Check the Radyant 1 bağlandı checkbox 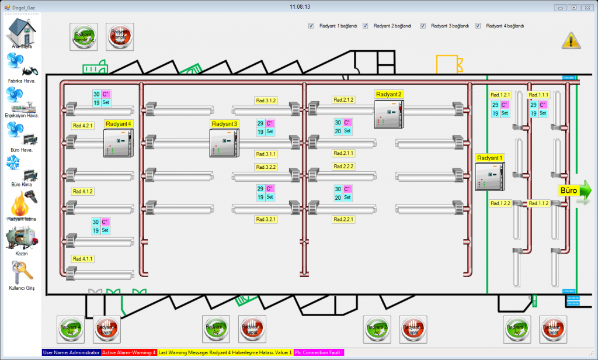click(311, 26)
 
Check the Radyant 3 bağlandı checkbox click(423, 26)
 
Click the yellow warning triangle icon click(571, 40)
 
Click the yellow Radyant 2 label click(388, 94)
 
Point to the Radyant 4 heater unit click(119, 143)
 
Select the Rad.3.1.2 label click(266, 101)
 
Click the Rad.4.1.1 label click(83, 258)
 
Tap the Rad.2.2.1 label click(344, 220)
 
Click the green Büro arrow click(575, 191)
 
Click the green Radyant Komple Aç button click(84, 37)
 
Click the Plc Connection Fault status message click(319, 352)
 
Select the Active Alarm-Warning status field click(129, 352)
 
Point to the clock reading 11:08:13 click(299, 7)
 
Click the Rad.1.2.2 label click(500, 203)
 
